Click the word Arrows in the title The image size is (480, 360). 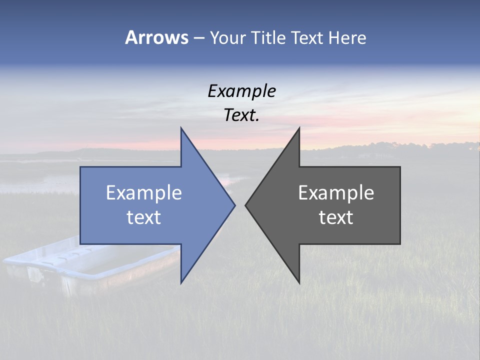pos(156,37)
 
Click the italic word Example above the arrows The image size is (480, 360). pos(241,91)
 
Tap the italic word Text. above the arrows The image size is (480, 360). pos(241,115)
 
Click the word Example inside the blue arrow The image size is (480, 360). pos(144,193)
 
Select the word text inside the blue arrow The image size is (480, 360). pos(144,217)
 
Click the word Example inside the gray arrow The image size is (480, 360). pos(336,193)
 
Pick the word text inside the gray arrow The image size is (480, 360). pos(336,217)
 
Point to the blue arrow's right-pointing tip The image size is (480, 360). pos(234,205)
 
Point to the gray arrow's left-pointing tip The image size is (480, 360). pos(246,205)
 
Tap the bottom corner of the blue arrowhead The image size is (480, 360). pos(181,282)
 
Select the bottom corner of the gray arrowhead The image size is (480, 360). pos(299,282)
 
